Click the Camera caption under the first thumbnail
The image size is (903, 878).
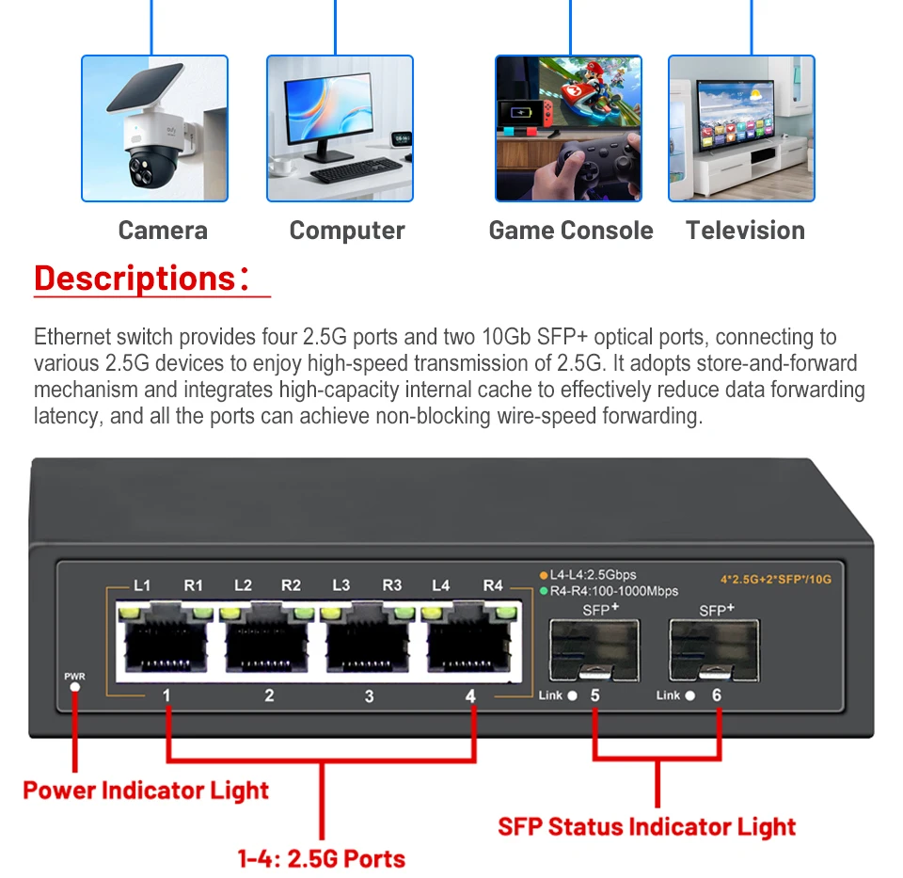coord(163,231)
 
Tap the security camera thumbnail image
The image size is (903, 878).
coord(154,128)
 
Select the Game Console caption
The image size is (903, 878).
coord(570,231)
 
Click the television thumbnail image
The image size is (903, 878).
coord(741,128)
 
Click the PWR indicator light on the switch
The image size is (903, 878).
coord(74,687)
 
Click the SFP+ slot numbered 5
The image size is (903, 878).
coord(594,649)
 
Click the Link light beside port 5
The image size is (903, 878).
coord(572,696)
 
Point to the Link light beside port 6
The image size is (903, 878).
coord(689,696)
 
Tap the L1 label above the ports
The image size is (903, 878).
coord(142,585)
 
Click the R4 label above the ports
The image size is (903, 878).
coord(493,585)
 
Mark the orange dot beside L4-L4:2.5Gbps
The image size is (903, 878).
coord(544,575)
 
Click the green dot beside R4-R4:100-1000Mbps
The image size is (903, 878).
coord(544,591)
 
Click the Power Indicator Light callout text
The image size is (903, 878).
coord(146,790)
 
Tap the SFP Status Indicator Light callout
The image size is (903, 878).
coord(646,827)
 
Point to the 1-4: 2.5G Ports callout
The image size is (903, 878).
coord(322,858)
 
